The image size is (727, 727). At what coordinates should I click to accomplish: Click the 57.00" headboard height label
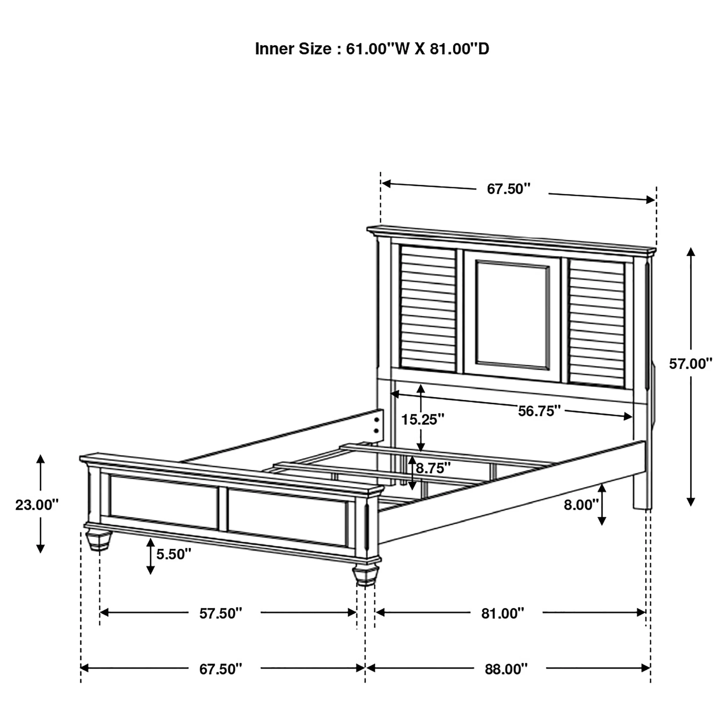(x=690, y=364)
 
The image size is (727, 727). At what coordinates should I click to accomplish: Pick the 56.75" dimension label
(x=539, y=411)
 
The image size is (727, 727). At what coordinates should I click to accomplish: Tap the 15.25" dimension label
(x=423, y=419)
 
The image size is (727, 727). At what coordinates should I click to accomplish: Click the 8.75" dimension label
(x=433, y=468)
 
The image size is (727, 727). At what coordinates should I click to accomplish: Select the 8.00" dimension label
(x=581, y=505)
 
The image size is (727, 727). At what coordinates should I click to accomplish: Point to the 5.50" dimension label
(x=174, y=554)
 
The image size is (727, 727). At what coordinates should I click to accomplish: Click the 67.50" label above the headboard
(x=508, y=189)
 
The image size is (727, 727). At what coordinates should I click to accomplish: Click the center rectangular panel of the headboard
(x=512, y=314)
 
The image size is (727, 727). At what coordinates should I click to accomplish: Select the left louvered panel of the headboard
(x=428, y=309)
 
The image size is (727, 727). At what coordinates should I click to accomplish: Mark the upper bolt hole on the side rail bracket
(x=376, y=420)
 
